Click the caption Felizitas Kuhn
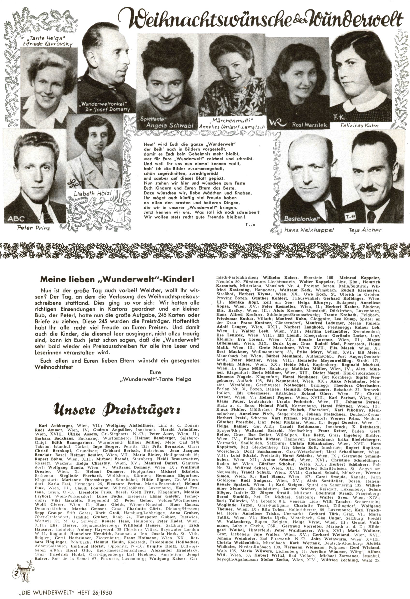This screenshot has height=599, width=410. pos(359,126)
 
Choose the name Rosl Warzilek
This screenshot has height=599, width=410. pos(309,125)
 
